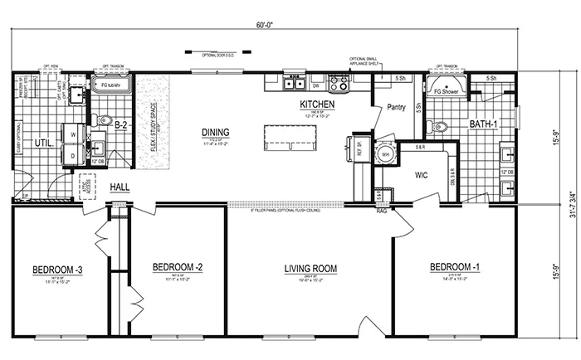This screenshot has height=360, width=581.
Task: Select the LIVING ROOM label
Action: (308, 269)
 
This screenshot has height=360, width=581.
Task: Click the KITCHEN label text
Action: (316, 105)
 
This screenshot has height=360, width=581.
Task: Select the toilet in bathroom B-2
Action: (103, 121)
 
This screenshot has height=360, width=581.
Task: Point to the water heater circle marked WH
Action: (383, 153)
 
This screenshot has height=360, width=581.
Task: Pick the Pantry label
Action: (393, 107)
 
